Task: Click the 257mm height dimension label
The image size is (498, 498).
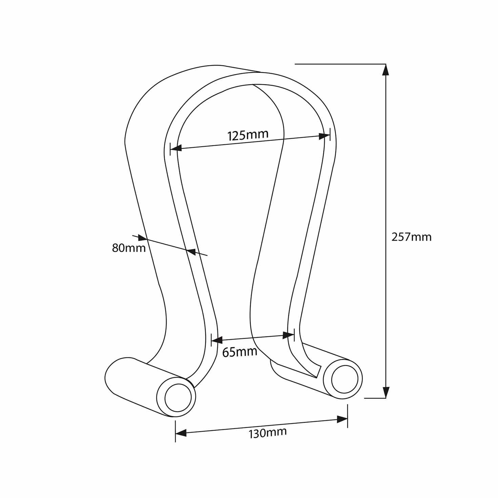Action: pyautogui.click(x=411, y=237)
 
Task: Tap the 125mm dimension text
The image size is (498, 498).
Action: pyautogui.click(x=248, y=135)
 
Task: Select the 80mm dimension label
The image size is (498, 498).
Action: pyautogui.click(x=129, y=248)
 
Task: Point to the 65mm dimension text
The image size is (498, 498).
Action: pyautogui.click(x=240, y=352)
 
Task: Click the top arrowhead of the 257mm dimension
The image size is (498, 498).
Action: pyautogui.click(x=386, y=70)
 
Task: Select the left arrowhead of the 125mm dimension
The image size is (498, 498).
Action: pyautogui.click(x=176, y=148)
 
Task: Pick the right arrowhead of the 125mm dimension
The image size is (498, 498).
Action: pyautogui.click(x=324, y=136)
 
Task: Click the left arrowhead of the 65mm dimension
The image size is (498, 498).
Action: pyautogui.click(x=217, y=340)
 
